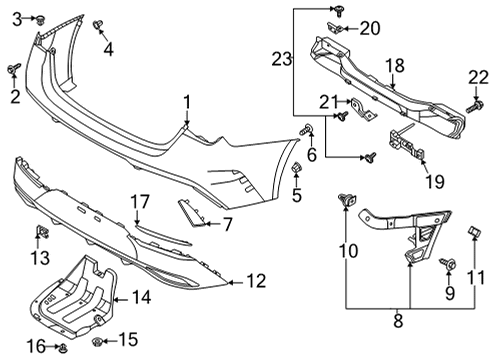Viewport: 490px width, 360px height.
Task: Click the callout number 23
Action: click(282, 59)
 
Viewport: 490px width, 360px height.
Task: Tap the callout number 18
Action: click(395, 66)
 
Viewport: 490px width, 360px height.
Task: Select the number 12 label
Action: click(256, 281)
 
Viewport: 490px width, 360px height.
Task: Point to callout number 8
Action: click(398, 321)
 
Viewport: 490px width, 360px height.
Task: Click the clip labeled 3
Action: click(41, 19)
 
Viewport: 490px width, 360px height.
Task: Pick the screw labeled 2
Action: click(14, 69)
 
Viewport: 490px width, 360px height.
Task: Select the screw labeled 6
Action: click(306, 129)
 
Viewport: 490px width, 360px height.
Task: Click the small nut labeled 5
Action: click(296, 167)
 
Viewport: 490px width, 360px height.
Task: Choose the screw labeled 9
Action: click(448, 264)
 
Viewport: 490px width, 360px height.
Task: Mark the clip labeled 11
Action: click(474, 230)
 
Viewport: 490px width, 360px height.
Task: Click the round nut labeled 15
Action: click(98, 341)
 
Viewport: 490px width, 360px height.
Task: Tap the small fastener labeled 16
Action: click(62, 348)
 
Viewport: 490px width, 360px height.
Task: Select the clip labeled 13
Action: click(42, 232)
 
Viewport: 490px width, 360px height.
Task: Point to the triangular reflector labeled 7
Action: click(191, 213)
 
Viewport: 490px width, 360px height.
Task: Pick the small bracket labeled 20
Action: click(335, 28)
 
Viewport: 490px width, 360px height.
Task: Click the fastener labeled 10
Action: click(347, 200)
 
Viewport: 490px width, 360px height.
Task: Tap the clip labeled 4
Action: click(98, 25)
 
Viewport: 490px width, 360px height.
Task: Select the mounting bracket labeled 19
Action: click(407, 145)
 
